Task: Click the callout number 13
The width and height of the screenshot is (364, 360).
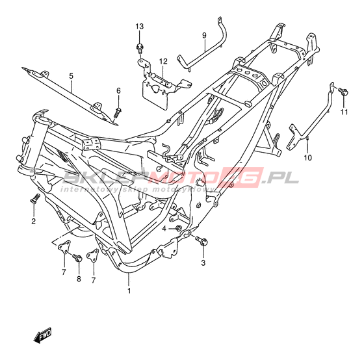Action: (x=140, y=27)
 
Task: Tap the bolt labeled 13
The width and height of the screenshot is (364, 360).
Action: (x=140, y=48)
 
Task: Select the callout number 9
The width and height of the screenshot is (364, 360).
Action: (x=204, y=36)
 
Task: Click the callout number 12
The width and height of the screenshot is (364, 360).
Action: (x=163, y=62)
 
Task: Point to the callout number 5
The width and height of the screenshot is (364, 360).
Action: (x=71, y=76)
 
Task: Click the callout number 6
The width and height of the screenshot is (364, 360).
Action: (x=118, y=91)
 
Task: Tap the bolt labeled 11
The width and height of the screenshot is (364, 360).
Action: (x=343, y=91)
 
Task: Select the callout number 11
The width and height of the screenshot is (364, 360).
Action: (x=344, y=112)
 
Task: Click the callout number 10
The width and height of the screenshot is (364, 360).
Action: (x=308, y=158)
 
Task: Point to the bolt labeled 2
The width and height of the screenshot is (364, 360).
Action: (x=35, y=198)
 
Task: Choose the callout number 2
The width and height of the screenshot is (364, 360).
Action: (x=34, y=221)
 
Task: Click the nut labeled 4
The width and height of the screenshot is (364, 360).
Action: (x=178, y=228)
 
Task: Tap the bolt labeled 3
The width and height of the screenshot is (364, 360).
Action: (x=201, y=240)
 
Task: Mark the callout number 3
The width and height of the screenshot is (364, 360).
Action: (x=203, y=263)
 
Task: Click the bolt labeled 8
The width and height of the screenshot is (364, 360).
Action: (x=77, y=257)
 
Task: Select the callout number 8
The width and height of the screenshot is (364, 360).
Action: (x=79, y=279)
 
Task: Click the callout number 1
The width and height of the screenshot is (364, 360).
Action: (x=129, y=290)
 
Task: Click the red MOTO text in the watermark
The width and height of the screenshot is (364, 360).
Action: (x=183, y=178)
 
